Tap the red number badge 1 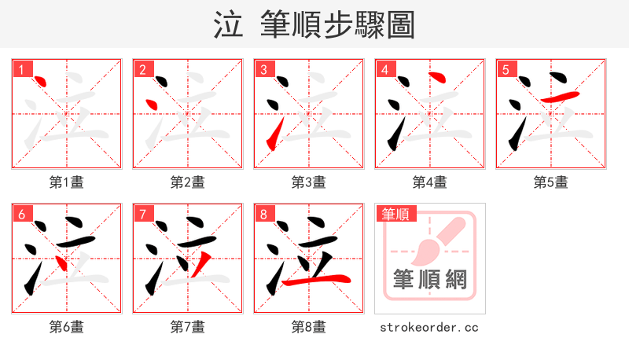coord(21,70)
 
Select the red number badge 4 coord(384,70)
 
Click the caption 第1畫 coord(67,182)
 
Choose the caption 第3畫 coord(309,182)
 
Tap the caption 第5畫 coord(551,182)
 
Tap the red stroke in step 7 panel coord(204,264)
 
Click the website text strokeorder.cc coord(429,327)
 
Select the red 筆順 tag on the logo coord(395,214)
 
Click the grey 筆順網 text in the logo coord(429,279)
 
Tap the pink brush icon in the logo coord(437,239)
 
